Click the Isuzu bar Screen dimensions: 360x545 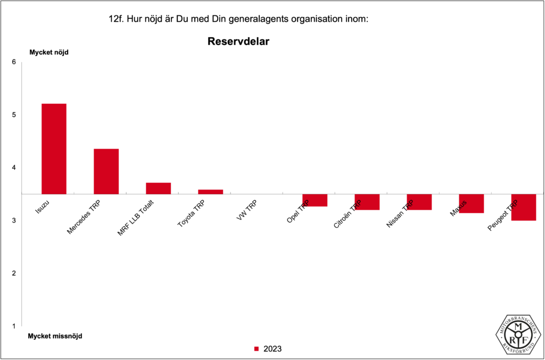(x=54, y=149)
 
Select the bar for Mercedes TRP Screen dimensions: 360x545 (x=106, y=171)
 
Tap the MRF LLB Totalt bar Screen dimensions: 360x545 (x=158, y=188)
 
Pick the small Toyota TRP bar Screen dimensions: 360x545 (x=210, y=192)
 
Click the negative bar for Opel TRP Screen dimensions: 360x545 (x=315, y=200)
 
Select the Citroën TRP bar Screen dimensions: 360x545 (x=367, y=202)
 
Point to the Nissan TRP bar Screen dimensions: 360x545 (x=419, y=202)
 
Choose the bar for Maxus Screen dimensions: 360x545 (x=471, y=203)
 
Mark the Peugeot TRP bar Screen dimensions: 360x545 (x=523, y=207)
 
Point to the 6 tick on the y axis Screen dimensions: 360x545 (x=14, y=62)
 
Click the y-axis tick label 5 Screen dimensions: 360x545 (x=14, y=114)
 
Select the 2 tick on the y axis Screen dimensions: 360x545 (x=14, y=273)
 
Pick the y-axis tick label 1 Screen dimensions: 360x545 (x=14, y=326)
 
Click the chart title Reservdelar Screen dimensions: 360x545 (x=238, y=41)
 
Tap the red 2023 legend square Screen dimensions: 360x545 (x=256, y=349)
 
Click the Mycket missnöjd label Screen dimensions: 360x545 (x=55, y=336)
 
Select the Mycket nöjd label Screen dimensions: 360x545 (x=49, y=52)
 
